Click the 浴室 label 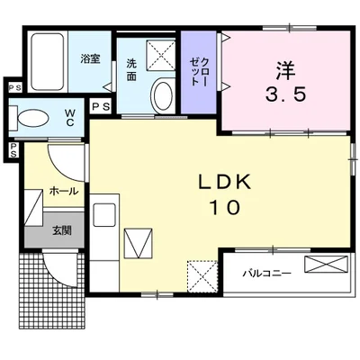pyautogui.click(x=90, y=58)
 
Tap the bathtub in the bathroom pyautogui.click(x=48, y=61)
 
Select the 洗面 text pyautogui.click(x=131, y=70)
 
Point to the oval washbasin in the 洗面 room pyautogui.click(x=163, y=94)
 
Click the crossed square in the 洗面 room pyautogui.click(x=160, y=55)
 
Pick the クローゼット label pyautogui.click(x=199, y=72)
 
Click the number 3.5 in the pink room pyautogui.click(x=285, y=94)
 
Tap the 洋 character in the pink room pyautogui.click(x=285, y=71)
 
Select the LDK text pyautogui.click(x=225, y=182)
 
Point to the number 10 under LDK pyautogui.click(x=225, y=207)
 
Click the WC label pyautogui.click(x=70, y=118)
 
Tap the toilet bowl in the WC pyautogui.click(x=33, y=119)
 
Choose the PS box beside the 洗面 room pyautogui.click(x=101, y=107)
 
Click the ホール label pyautogui.click(x=64, y=191)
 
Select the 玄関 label pyautogui.click(x=62, y=230)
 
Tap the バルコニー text pyautogui.click(x=267, y=274)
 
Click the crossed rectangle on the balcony pyautogui.click(x=326, y=265)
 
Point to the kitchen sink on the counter pyautogui.click(x=104, y=215)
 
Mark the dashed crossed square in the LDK pyautogui.click(x=202, y=276)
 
